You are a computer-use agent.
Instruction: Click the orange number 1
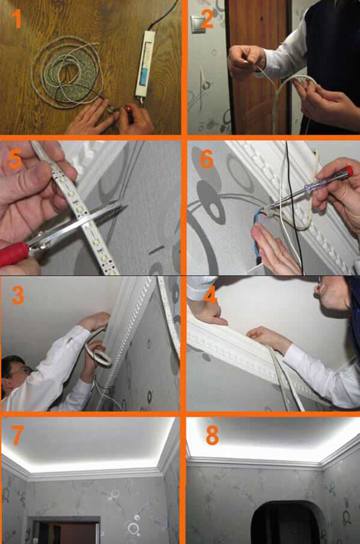click(16, 19)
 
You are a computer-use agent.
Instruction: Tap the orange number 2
click(207, 19)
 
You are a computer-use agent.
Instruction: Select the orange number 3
click(17, 295)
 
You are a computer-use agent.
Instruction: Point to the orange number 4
click(210, 295)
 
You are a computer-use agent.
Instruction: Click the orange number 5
click(16, 159)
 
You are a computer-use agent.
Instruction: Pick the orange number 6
click(207, 159)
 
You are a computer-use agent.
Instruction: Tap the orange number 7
click(17, 435)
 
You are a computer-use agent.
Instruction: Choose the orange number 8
click(212, 435)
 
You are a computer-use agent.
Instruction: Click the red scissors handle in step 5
click(13, 254)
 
